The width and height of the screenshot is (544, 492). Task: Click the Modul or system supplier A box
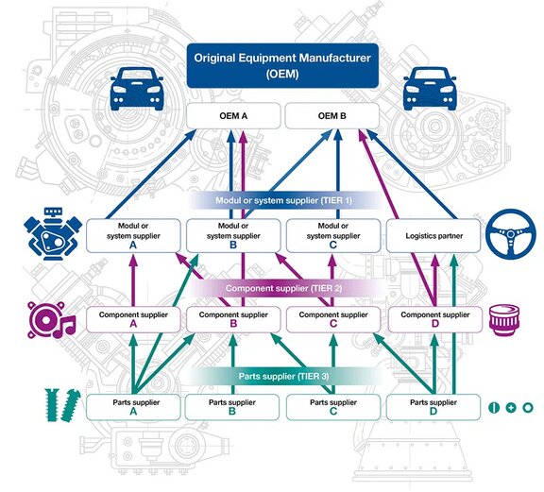coord(132,236)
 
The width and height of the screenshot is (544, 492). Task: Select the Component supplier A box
coord(132,318)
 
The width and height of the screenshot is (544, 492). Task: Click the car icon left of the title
coord(131,93)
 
